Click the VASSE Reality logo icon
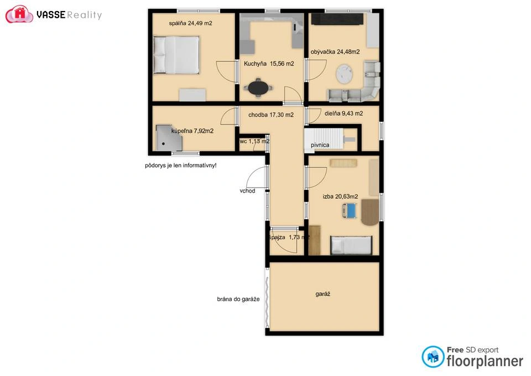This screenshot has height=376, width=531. click(x=19, y=14)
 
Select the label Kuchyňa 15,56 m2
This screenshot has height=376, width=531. click(x=268, y=64)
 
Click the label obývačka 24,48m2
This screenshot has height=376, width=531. click(x=335, y=52)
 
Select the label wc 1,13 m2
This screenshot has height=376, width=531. click(x=254, y=141)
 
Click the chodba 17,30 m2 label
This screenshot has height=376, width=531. click(x=267, y=115)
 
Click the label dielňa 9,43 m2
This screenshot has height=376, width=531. click(x=343, y=114)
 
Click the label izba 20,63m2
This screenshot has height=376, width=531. click(x=340, y=197)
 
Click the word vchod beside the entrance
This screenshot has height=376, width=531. click(x=247, y=191)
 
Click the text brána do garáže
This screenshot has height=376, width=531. click(x=238, y=300)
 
